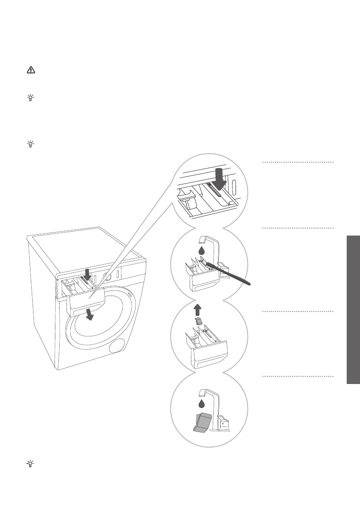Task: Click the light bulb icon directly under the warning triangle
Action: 30,98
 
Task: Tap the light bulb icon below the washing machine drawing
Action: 30,464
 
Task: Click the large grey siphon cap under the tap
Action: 201,422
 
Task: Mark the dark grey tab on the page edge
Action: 353,309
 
